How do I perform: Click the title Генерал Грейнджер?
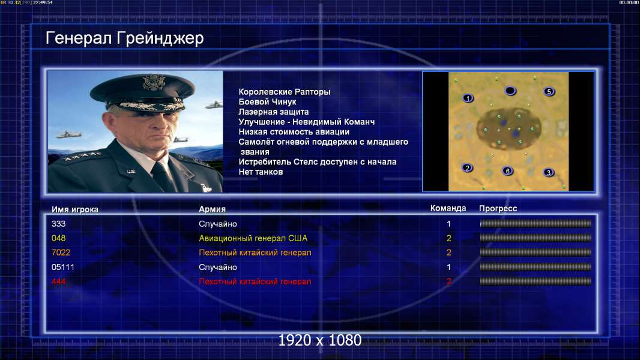(x=124, y=38)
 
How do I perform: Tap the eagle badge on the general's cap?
(x=154, y=82)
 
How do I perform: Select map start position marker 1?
(x=468, y=98)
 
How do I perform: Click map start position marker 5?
(x=549, y=91)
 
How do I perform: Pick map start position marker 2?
(x=467, y=167)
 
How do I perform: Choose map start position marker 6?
(x=507, y=171)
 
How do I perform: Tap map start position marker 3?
(x=549, y=172)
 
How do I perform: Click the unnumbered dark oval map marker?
(x=510, y=91)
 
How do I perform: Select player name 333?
(x=58, y=224)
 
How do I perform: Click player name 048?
(x=58, y=238)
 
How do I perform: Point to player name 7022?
(x=61, y=253)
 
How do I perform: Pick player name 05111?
(x=63, y=267)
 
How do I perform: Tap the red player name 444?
(x=58, y=281)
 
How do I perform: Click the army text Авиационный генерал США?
(x=253, y=238)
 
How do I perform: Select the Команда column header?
(x=448, y=208)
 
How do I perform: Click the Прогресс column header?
(x=498, y=209)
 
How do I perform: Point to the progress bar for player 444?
(x=536, y=281)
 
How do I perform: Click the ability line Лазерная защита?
(x=273, y=112)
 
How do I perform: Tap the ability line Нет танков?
(x=261, y=172)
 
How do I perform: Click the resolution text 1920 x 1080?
(x=319, y=340)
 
